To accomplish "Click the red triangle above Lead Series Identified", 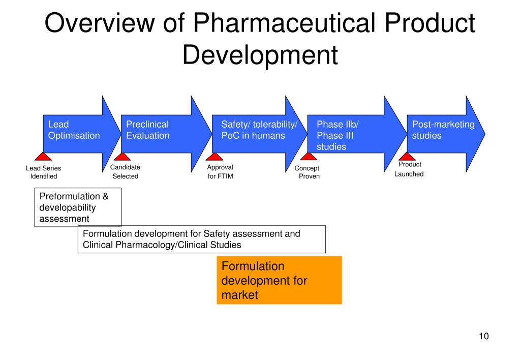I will tap(43, 157).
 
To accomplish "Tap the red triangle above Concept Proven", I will tap(308, 157).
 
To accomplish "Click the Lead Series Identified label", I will tap(43, 172).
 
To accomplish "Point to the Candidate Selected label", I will tap(125, 172).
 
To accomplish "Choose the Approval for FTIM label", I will tap(220, 172).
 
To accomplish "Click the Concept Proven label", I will tap(308, 172).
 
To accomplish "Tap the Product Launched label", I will tap(409, 169).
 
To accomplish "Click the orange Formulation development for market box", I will tap(279, 280).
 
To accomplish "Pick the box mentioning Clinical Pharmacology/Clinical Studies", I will tap(201, 239).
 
